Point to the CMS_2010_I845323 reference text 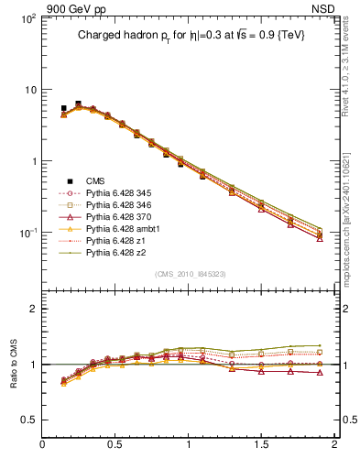pos(189,275)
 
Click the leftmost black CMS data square pos(63,108)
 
